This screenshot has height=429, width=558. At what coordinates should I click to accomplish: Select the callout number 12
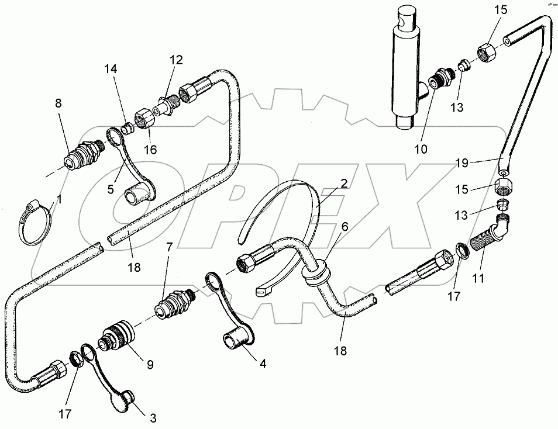coord(176,60)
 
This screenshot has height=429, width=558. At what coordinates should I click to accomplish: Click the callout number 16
coord(151,150)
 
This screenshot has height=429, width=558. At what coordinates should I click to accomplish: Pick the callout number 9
coord(150,365)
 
